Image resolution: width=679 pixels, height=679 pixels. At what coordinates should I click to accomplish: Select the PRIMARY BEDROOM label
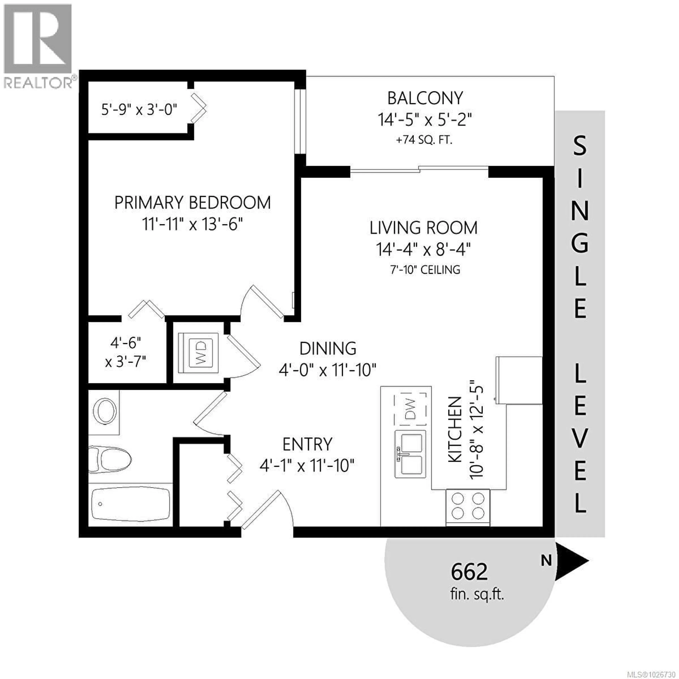coord(193,203)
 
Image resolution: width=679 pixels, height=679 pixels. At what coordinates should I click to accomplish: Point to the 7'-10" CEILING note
coord(425,270)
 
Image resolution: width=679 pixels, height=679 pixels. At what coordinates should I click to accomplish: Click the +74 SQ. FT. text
coord(424,140)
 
